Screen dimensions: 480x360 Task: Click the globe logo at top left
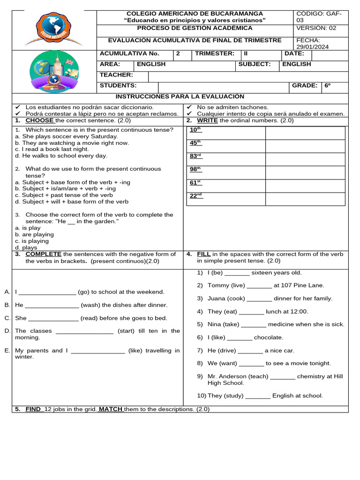pos(54,29)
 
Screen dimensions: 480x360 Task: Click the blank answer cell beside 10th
pos(305,133)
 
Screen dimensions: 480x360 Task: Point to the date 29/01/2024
pos(313,47)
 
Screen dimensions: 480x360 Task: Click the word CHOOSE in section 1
pos(39,120)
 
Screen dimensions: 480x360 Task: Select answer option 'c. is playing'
pos(32,241)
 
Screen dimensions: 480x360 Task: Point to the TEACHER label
pos(116,75)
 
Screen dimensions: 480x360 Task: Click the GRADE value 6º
pos(328,86)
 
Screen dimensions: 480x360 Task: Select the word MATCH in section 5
pos(111,409)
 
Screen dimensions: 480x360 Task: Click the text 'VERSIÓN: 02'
pos(316,28)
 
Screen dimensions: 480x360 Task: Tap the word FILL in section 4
pos(203,255)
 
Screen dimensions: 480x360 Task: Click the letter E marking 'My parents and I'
pos(7,350)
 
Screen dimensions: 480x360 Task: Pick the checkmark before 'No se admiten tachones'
pos(189,107)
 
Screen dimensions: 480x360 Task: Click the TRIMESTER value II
pos(246,53)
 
